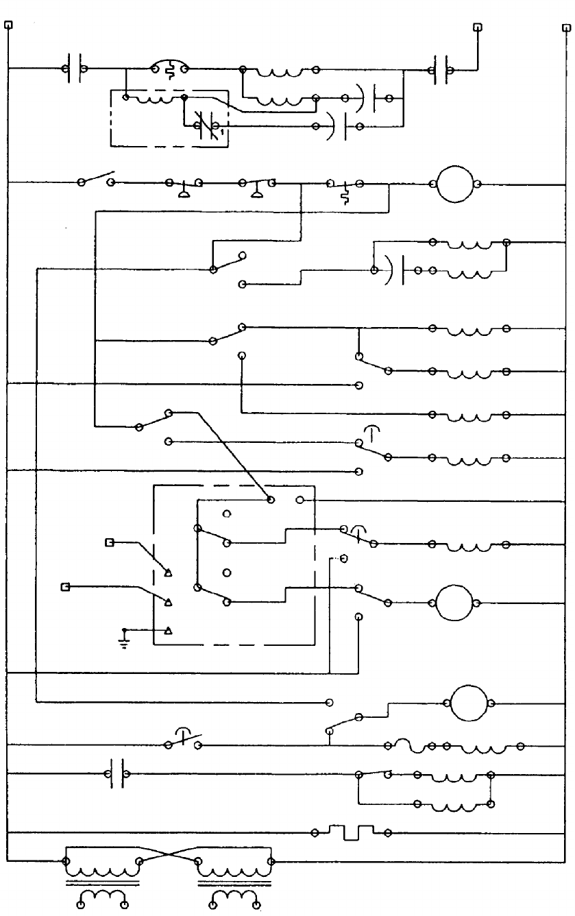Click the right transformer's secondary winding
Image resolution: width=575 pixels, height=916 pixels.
234,899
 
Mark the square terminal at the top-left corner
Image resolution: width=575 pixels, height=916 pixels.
8,26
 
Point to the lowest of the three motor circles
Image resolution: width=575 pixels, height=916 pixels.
471,703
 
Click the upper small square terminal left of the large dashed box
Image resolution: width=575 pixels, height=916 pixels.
109,542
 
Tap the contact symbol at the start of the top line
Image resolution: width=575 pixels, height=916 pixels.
73,69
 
